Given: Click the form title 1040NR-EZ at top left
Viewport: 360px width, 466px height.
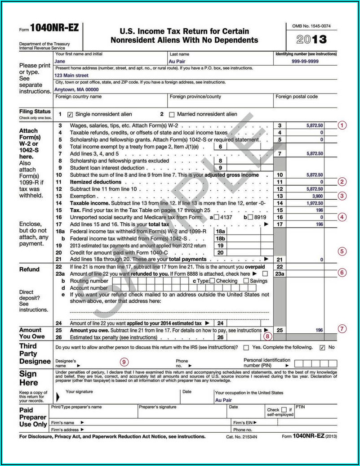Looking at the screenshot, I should pyautogui.click(x=54, y=28).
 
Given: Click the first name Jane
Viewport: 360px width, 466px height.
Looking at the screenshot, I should pyautogui.click(x=59, y=61).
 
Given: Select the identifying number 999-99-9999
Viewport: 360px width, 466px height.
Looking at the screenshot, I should pyautogui.click(x=305, y=61).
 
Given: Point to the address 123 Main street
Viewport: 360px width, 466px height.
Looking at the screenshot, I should pyautogui.click(x=71, y=76).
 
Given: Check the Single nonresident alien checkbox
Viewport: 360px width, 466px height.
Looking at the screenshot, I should pyautogui.click(x=70, y=114).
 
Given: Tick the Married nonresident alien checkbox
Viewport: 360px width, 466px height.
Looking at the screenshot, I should pyautogui.click(x=171, y=114).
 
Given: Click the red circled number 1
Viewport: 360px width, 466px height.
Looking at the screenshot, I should pyautogui.click(x=342, y=125).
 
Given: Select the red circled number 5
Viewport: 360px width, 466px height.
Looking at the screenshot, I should pyautogui.click(x=342, y=251).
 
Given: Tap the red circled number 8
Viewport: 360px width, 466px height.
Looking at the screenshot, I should pyautogui.click(x=268, y=335).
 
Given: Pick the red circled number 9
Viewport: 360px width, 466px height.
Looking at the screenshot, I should pyautogui.click(x=124, y=361).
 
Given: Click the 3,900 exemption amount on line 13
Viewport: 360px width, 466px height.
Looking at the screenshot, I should pyautogui.click(x=316, y=196).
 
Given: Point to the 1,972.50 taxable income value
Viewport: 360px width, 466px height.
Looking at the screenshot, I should pyautogui.click(x=314, y=203).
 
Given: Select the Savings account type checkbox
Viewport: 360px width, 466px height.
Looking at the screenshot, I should pyautogui.click(x=246, y=281).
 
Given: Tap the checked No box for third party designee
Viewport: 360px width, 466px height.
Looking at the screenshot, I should pyautogui.click(x=322, y=348).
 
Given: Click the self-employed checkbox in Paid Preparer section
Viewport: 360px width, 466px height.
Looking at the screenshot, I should pyautogui.click(x=284, y=410).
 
